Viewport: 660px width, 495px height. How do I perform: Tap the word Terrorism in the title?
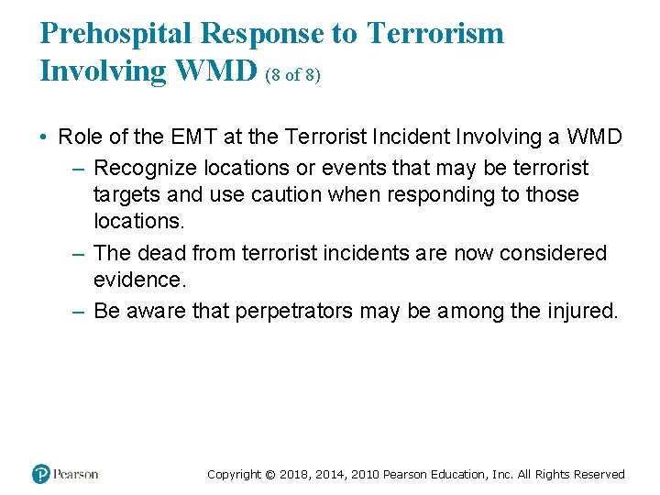(x=435, y=34)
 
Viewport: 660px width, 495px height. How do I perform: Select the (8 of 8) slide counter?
(x=292, y=76)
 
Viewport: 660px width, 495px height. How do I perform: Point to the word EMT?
(x=193, y=137)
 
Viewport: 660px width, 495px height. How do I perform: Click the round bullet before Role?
(x=44, y=137)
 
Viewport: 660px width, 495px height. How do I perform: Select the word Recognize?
(x=142, y=168)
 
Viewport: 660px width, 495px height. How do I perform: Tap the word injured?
(x=580, y=312)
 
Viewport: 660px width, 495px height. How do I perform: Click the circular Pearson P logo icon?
(x=41, y=474)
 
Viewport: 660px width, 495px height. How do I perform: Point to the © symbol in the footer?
(x=270, y=475)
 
